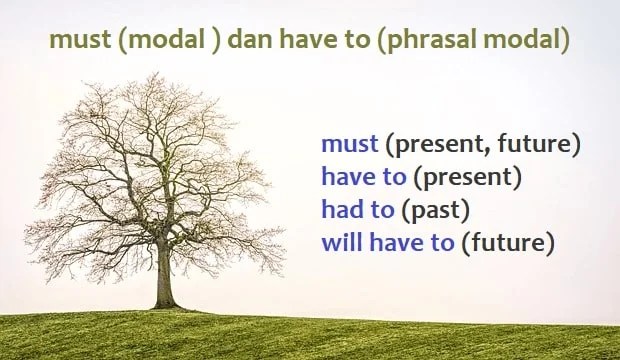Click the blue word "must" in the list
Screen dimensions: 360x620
[x=349, y=144]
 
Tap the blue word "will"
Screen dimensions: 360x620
[x=341, y=243]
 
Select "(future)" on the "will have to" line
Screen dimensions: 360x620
[x=508, y=243]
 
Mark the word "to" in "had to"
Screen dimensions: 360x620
[x=382, y=211]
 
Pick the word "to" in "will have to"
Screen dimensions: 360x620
[x=442, y=243]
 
